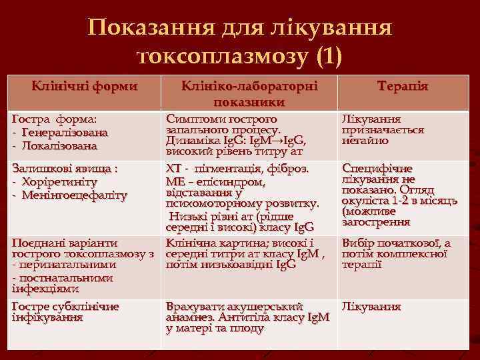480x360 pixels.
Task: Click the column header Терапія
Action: coord(402,87)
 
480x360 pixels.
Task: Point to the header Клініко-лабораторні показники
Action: coord(250,94)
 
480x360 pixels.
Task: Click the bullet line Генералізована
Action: coord(63,132)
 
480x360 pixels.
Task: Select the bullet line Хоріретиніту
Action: coord(59,181)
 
